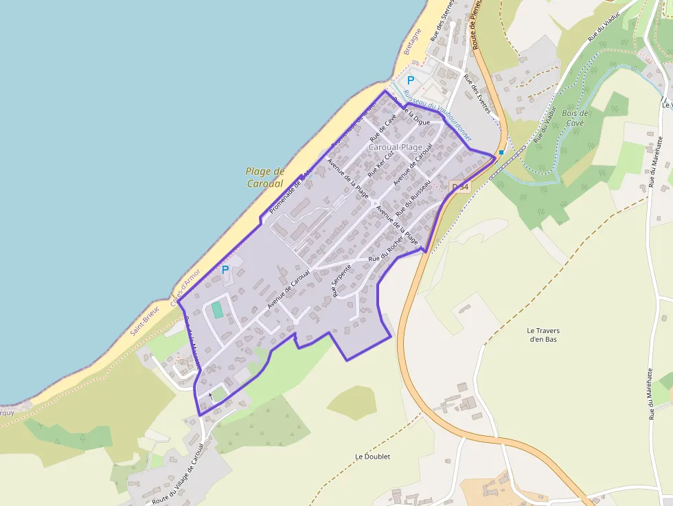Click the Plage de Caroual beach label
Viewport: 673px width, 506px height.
[x=265, y=177]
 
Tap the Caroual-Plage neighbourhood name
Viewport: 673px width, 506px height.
[x=396, y=147]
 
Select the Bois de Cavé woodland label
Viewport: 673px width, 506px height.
[x=575, y=118]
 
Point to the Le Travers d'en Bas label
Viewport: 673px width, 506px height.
[x=545, y=334]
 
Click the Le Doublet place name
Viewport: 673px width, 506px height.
[x=372, y=457]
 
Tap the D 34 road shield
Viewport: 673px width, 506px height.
[x=459, y=186]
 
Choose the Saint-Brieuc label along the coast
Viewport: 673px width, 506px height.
[x=145, y=320]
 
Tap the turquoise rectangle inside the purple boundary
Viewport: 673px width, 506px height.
[x=218, y=310]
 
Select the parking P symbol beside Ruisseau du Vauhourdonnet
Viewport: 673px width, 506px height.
[x=411, y=81]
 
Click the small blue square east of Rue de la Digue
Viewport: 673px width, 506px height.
[x=501, y=152]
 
